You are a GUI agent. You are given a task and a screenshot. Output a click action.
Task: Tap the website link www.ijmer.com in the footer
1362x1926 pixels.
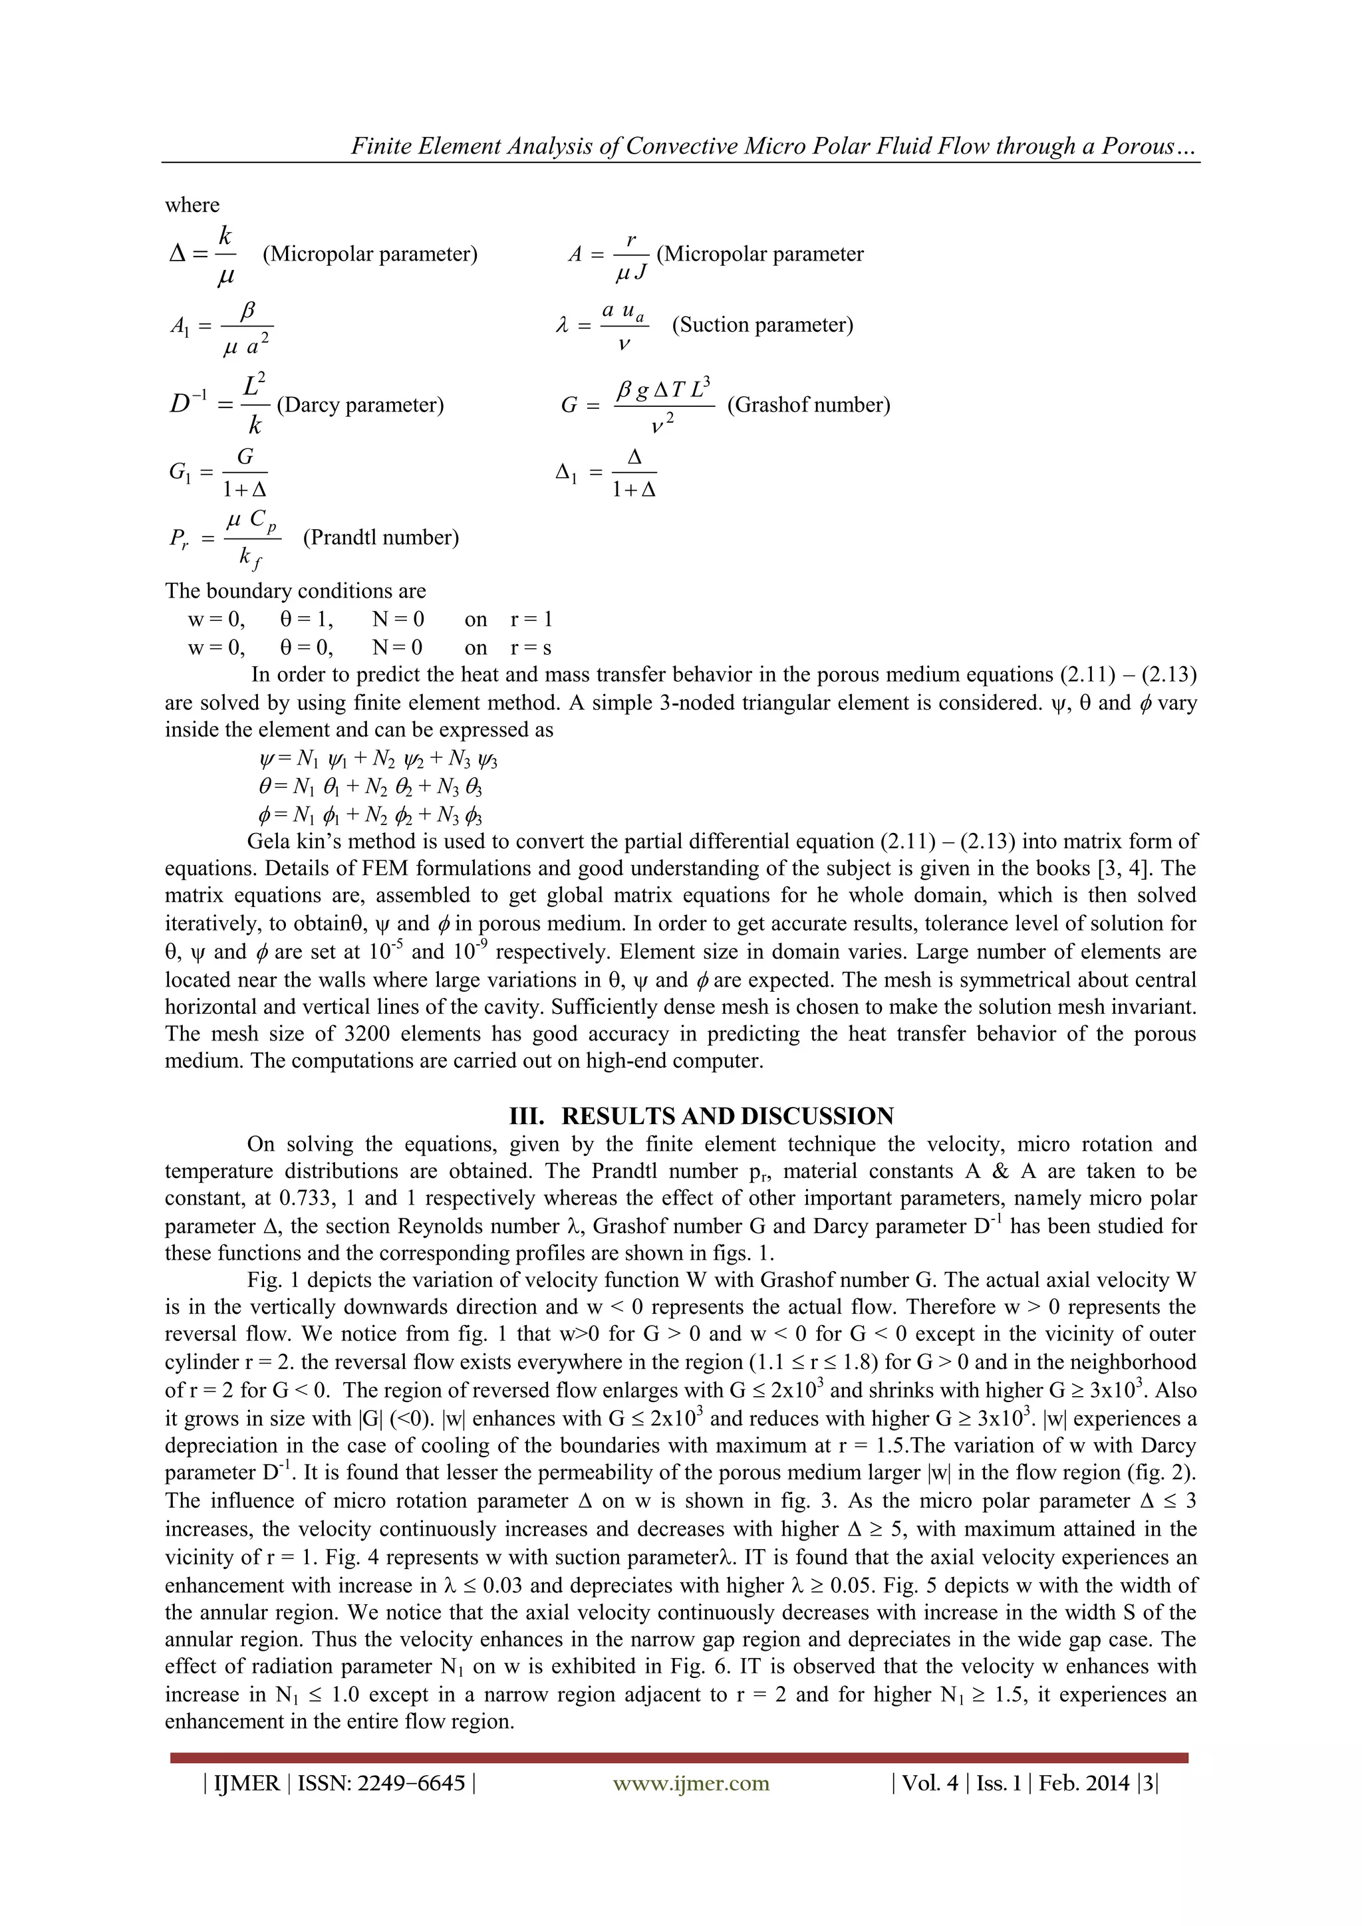click(691, 1782)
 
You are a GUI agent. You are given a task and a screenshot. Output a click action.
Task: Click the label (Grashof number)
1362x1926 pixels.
click(808, 404)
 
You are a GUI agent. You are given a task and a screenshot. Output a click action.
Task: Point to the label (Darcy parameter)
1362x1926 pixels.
click(360, 404)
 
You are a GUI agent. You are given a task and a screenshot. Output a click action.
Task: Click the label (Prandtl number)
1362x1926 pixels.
click(381, 537)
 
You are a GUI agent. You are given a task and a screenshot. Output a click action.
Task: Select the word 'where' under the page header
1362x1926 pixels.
click(192, 205)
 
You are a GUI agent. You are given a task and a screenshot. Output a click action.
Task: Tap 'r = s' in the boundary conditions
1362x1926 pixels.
click(530, 648)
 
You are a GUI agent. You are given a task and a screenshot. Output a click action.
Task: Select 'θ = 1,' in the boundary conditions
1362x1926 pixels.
click(307, 619)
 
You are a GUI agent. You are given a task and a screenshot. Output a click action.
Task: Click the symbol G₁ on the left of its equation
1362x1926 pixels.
click(180, 472)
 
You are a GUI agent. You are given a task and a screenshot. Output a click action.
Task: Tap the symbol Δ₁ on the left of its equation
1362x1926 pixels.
click(567, 472)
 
